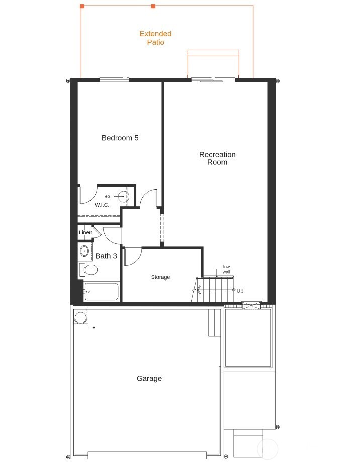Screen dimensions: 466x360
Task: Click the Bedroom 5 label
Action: [x=120, y=138]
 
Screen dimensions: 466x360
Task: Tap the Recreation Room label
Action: [x=217, y=158]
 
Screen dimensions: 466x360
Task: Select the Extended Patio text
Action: [x=155, y=38]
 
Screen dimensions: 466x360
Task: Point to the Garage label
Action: [x=149, y=378]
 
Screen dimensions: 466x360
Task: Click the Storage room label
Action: [x=161, y=277]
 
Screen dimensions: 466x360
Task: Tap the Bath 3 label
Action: [x=106, y=256]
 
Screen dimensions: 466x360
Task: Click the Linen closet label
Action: [x=85, y=233]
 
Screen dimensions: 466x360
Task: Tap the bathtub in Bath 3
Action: [x=101, y=292]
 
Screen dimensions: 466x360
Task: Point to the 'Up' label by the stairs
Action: [x=240, y=291]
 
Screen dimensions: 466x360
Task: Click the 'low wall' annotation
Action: [x=227, y=269]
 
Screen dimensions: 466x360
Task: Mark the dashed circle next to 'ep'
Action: [x=123, y=196]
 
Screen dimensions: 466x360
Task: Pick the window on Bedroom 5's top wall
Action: [x=114, y=79]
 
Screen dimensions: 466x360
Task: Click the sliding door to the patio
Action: [x=213, y=79]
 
